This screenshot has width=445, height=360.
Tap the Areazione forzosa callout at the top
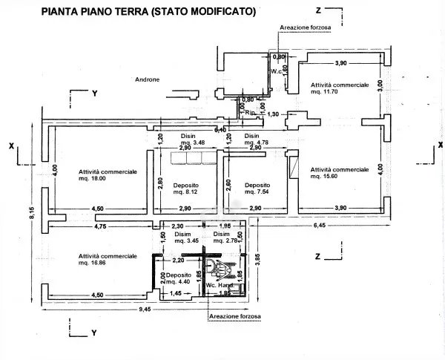(305, 28)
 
